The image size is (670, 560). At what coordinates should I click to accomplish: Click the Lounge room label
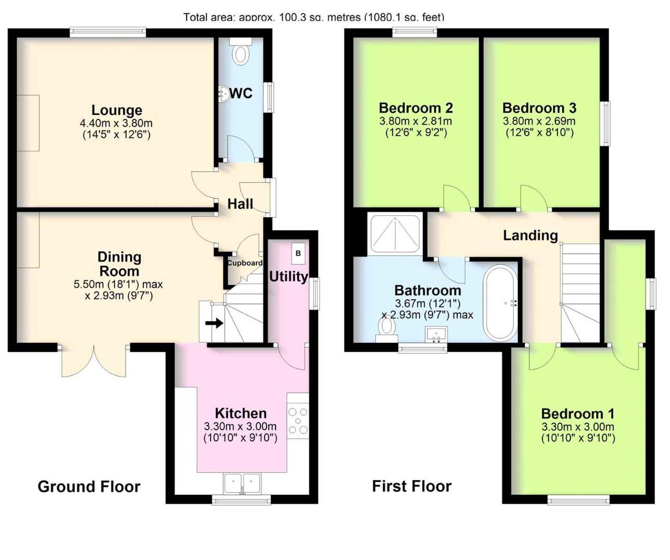pyautogui.click(x=117, y=110)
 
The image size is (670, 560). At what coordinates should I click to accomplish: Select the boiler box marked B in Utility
pyautogui.click(x=298, y=254)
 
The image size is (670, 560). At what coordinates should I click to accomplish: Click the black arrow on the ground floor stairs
pyautogui.click(x=214, y=324)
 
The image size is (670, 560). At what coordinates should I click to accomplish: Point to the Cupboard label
pyautogui.click(x=244, y=263)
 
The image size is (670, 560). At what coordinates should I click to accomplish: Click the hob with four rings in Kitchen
pyautogui.click(x=298, y=421)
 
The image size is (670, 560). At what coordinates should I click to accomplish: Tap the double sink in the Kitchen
pyautogui.click(x=242, y=483)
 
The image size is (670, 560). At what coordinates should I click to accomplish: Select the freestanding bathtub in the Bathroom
pyautogui.click(x=500, y=303)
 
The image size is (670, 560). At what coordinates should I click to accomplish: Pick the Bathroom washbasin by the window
pyautogui.click(x=436, y=334)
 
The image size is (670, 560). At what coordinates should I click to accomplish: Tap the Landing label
pyautogui.click(x=530, y=235)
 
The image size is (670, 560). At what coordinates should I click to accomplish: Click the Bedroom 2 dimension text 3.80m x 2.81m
pyautogui.click(x=415, y=121)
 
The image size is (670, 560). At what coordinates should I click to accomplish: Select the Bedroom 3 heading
pyautogui.click(x=539, y=108)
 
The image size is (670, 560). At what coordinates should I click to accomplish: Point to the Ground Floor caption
pyautogui.click(x=89, y=486)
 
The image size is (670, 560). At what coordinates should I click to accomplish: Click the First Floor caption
pyautogui.click(x=412, y=486)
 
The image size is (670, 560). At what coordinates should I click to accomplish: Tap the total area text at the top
pyautogui.click(x=313, y=17)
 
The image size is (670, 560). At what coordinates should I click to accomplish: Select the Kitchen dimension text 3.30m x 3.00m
pyautogui.click(x=240, y=427)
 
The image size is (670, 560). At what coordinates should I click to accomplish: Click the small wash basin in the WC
pyautogui.click(x=224, y=94)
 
